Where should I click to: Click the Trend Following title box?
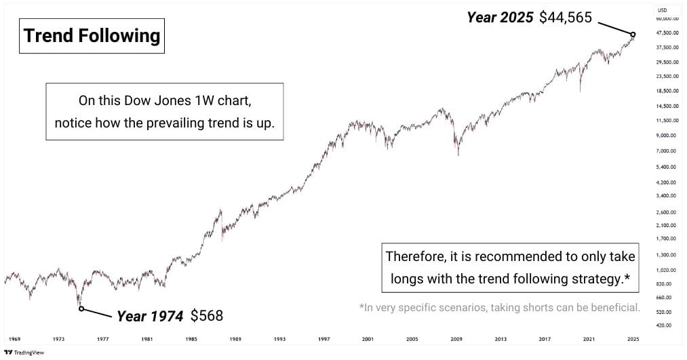point(92,35)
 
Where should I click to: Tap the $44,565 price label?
point(566,18)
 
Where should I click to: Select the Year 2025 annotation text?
point(500,18)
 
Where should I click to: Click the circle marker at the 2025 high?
point(633,35)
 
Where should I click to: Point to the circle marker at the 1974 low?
point(81,308)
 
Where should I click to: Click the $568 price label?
point(206,316)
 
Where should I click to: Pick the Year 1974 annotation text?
point(150,316)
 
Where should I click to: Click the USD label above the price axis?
point(663,10)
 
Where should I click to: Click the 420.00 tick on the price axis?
point(664,326)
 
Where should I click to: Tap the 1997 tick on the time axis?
point(323,338)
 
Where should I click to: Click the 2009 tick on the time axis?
point(456,338)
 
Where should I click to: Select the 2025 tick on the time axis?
point(633,338)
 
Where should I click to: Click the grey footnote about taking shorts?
point(500,308)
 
